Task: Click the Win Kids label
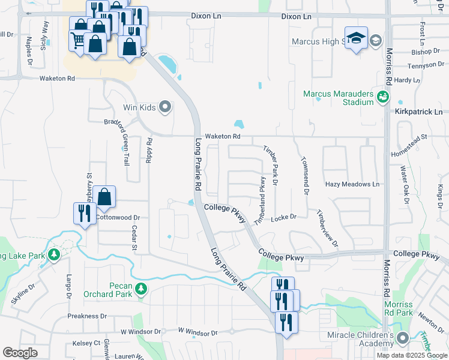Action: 139,108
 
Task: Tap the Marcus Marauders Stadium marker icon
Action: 382,96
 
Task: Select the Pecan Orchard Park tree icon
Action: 141,290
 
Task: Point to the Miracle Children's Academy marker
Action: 402,337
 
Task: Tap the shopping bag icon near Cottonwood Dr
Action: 104,197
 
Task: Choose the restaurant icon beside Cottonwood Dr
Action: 85,214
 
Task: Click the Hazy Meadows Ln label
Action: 353,184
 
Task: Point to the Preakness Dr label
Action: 87,316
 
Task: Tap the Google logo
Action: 20,353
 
